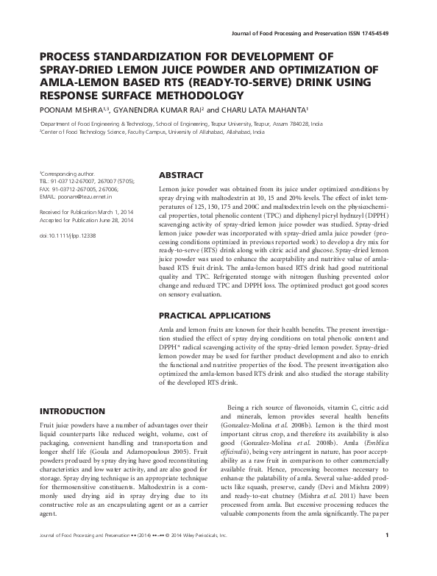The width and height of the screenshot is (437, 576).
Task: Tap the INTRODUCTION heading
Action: click(x=71, y=410)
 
